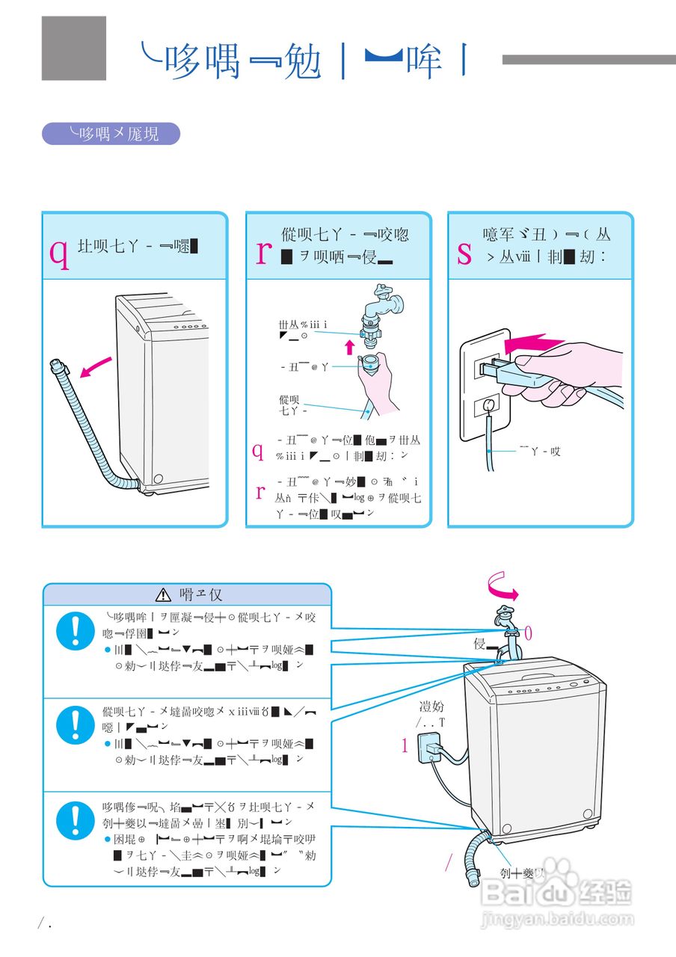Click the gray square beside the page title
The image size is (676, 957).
coord(73,48)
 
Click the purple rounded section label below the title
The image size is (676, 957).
coord(111,134)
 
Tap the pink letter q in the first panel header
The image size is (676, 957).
coord(59,252)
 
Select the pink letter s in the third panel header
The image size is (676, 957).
coord(464,253)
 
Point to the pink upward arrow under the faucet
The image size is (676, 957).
coord(348,346)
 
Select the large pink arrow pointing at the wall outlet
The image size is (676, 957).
coord(532,345)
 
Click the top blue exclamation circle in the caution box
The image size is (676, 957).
coord(75,630)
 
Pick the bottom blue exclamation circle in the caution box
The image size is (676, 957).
coord(75,818)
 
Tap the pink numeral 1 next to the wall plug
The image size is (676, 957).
coord(405,745)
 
